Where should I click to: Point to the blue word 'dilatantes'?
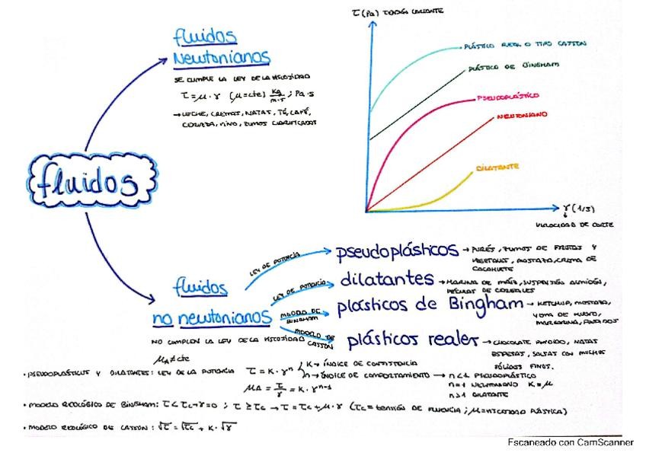tap(388, 279)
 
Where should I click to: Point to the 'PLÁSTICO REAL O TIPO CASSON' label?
tap(525, 44)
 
